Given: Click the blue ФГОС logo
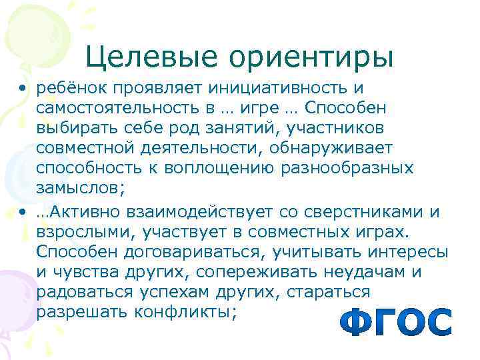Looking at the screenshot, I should (395, 322).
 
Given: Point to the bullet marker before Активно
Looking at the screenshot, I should (24, 213).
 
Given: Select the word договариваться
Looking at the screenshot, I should (167, 253).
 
